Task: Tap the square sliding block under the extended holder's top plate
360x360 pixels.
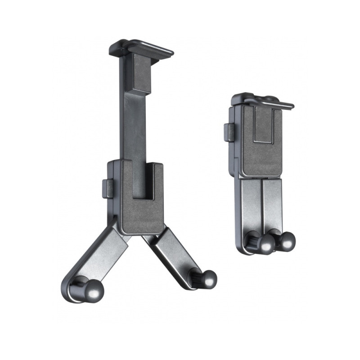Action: click(x=137, y=74)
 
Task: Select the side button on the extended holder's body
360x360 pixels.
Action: click(x=107, y=188)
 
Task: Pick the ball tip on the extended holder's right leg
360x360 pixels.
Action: click(x=207, y=279)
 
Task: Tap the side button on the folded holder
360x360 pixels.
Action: click(x=229, y=132)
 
